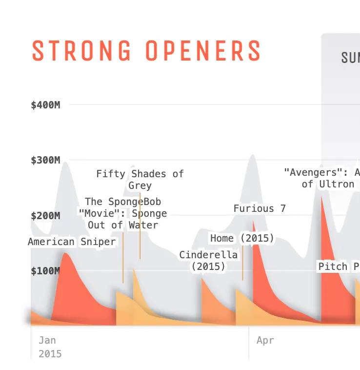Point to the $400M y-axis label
point(45,105)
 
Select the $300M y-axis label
point(45,160)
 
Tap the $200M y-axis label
point(45,215)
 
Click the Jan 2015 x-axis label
point(50,347)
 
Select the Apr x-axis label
point(265,340)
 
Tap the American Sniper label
point(72,242)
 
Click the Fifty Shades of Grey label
point(140,180)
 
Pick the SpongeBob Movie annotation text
point(123,213)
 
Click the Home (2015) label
point(242,238)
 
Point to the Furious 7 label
point(260,208)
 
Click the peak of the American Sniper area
point(65,253)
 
